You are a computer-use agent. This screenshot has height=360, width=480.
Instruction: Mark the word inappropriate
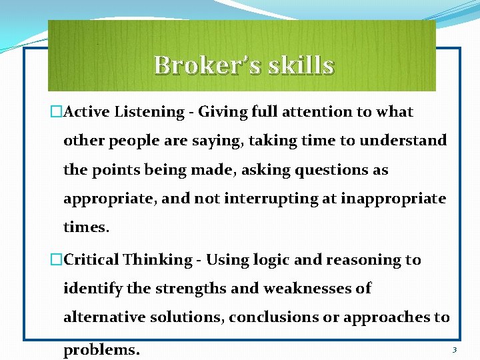[x=393, y=199]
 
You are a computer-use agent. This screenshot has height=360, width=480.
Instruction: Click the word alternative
[x=98, y=317]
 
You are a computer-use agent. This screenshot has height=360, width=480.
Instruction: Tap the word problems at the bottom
[x=101, y=350]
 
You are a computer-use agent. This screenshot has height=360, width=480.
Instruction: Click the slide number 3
[x=454, y=350]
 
